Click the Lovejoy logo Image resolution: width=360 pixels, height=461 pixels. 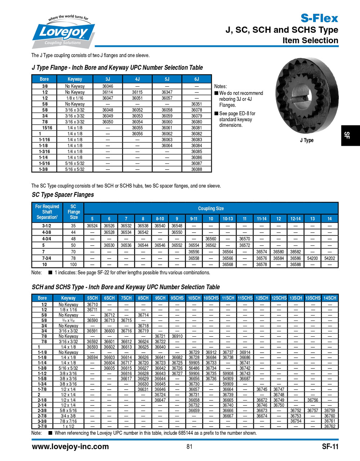[64, 32]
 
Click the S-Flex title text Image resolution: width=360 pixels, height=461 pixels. [319, 18]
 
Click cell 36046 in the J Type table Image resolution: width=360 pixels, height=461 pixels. [108, 86]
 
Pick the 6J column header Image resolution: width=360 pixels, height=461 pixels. [197, 79]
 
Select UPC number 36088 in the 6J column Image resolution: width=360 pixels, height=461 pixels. [197, 169]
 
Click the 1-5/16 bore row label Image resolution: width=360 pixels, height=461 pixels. [45, 163]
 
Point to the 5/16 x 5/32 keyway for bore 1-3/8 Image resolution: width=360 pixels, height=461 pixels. [75, 169]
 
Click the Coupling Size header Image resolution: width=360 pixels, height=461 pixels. [211, 208]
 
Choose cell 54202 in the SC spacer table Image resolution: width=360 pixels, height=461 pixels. [329, 258]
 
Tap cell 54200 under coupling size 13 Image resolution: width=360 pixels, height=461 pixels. [312, 258]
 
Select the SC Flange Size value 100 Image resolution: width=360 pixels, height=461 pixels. [73, 264]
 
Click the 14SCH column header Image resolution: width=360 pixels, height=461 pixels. [329, 298]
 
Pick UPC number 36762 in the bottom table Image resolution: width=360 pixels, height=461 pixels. [329, 426]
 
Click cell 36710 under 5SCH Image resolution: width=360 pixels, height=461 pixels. [93, 304]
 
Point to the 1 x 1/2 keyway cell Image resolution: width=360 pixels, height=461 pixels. [68, 426]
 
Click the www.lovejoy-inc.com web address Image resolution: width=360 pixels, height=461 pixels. [71, 447]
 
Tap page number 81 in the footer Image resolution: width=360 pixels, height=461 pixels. [189, 447]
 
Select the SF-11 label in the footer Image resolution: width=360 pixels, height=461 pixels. [330, 447]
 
